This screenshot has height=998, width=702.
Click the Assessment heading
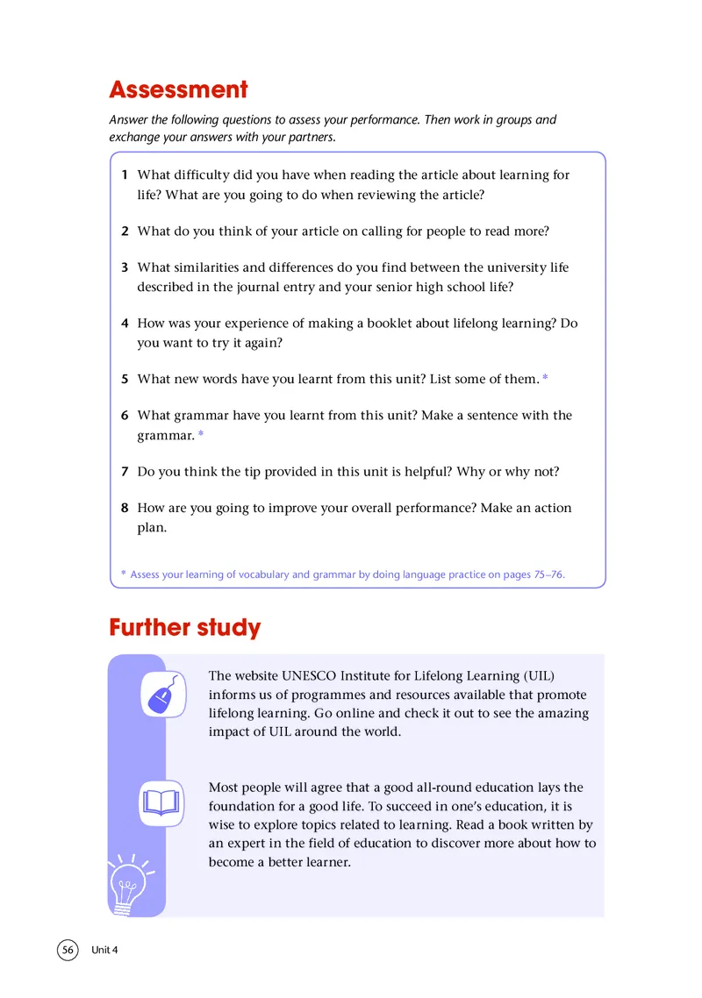tap(178, 89)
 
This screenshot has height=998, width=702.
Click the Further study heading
tap(184, 628)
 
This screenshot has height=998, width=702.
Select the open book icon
tap(162, 802)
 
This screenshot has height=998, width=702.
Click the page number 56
tap(68, 950)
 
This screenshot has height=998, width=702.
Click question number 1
tap(125, 175)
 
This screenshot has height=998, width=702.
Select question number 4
tap(125, 323)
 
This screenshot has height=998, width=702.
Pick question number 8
tap(125, 508)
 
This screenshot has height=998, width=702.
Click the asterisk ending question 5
tap(546, 379)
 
